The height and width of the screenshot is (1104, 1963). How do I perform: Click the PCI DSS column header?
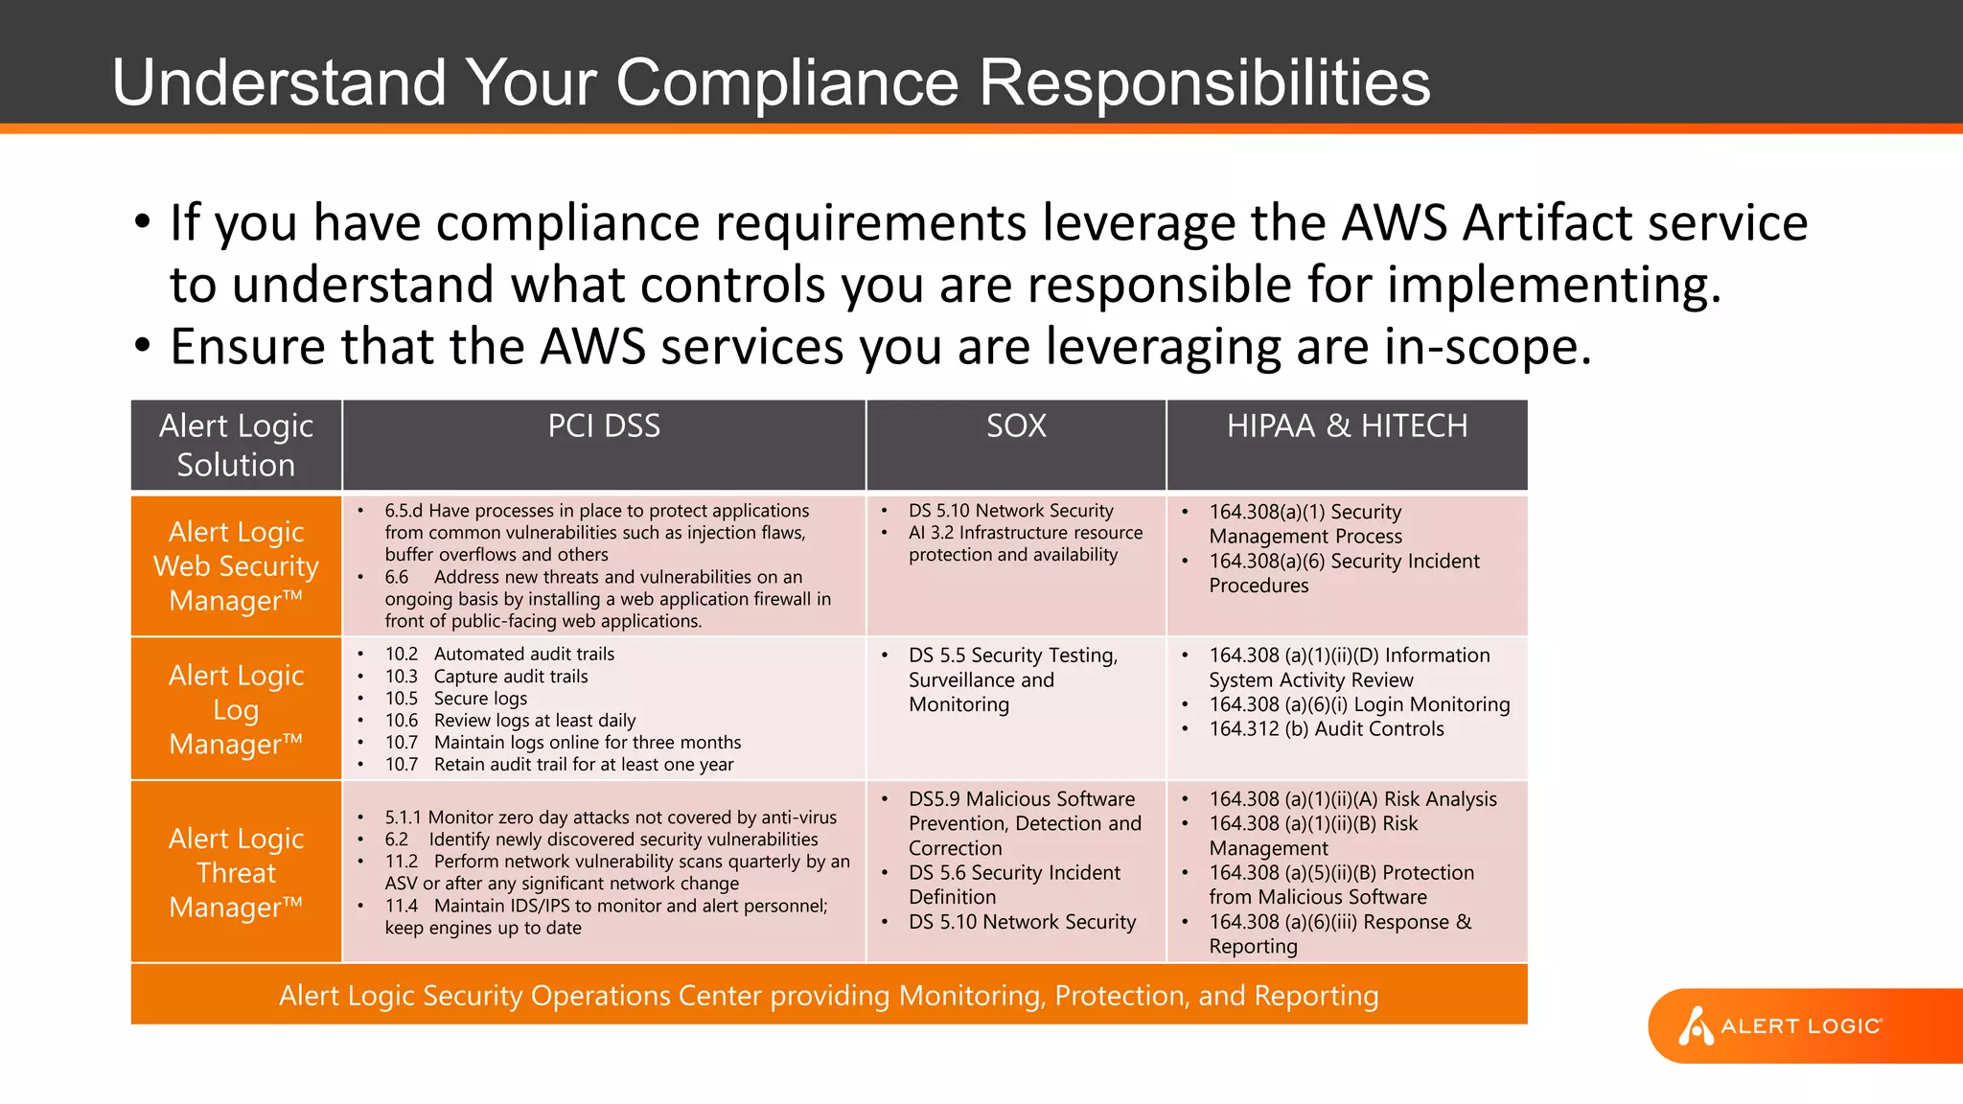tap(604, 426)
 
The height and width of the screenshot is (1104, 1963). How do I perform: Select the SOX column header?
tap(1016, 426)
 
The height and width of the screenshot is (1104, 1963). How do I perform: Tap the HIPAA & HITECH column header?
tap(1347, 426)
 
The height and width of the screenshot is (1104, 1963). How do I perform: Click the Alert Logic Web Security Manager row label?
tap(236, 565)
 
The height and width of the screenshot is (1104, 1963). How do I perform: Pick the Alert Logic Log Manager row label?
tap(236, 709)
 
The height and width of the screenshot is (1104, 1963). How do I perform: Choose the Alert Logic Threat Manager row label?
tap(236, 872)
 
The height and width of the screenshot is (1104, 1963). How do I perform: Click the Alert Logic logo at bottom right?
tap(1783, 1025)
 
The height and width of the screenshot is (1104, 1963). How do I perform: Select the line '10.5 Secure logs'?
tap(456, 699)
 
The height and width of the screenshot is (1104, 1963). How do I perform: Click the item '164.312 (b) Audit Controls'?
tap(1326, 729)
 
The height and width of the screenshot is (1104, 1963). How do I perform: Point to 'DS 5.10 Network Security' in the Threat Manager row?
tap(1022, 922)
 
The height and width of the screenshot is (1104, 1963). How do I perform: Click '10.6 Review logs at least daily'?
tap(510, 721)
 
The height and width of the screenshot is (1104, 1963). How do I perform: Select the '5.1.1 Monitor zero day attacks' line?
tap(611, 817)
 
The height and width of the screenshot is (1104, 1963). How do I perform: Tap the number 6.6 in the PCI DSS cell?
tap(397, 577)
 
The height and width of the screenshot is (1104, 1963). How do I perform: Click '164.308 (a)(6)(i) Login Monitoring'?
tap(1359, 704)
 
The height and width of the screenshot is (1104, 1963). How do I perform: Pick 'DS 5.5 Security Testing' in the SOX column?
tap(1012, 655)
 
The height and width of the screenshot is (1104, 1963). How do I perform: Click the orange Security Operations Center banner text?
tap(828, 996)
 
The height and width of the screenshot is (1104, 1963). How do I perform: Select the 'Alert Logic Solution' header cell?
tap(236, 446)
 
